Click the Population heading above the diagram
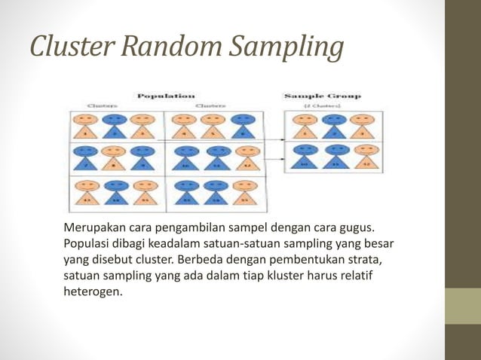pyautogui.click(x=165, y=96)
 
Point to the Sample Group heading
pyautogui.click(x=322, y=96)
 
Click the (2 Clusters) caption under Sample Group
pyautogui.click(x=322, y=106)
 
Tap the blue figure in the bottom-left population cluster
pyautogui.click(x=115, y=193)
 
